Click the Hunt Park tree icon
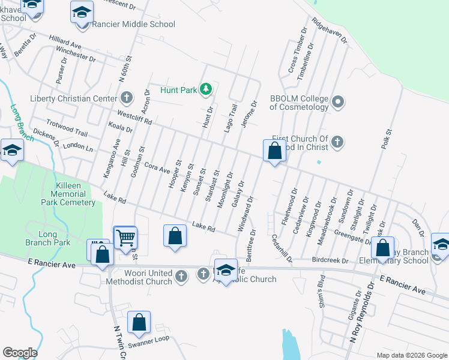(206, 90)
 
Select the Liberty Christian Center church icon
(126, 97)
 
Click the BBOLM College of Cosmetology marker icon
(337, 102)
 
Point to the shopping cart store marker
(125, 238)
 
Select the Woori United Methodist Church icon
(183, 276)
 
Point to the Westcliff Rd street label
(135, 116)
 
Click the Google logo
(20, 353)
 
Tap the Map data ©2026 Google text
(411, 355)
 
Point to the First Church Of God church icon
(337, 142)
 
